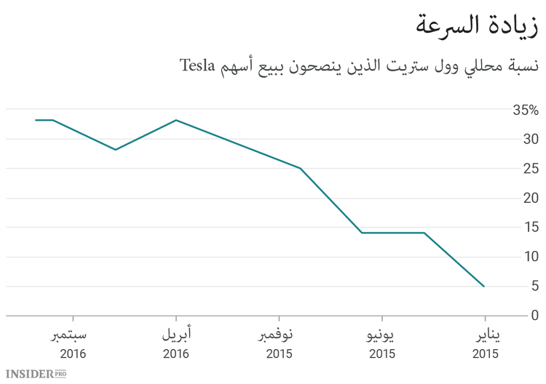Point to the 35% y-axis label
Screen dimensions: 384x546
[524, 111]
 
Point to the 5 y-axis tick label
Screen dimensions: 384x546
[534, 287]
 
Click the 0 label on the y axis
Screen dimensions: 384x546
[534, 316]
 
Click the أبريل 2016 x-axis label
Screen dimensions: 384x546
[175, 344]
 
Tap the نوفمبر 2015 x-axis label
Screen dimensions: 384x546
[279, 344]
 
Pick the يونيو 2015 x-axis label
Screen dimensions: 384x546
[381, 344]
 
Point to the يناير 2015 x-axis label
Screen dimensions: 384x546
[485, 344]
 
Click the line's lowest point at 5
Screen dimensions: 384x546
[484, 287]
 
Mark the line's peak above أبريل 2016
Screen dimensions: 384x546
[176, 120]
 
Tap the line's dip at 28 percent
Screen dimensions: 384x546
[115, 150]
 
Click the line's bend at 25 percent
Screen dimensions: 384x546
[301, 168]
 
